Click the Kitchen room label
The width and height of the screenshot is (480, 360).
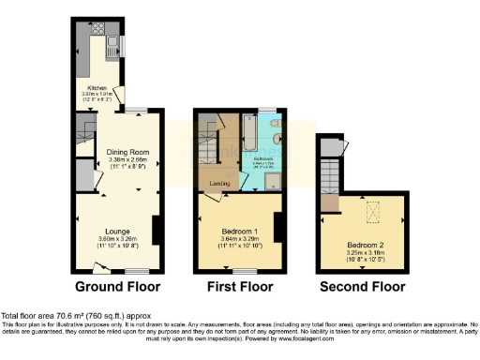[x=97, y=87]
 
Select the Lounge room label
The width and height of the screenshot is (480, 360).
[x=117, y=231]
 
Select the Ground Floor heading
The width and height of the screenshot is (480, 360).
[x=117, y=286]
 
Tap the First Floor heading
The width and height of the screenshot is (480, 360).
[x=240, y=286]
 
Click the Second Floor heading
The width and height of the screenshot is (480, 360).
[x=362, y=286]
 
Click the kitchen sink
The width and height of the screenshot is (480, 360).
[x=112, y=44]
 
